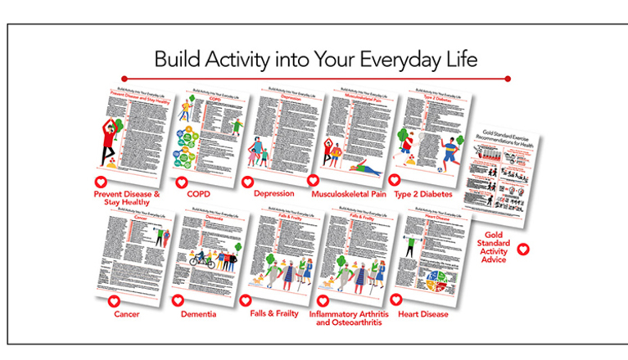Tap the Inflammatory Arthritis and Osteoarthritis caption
point(350,318)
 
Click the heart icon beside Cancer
point(113,300)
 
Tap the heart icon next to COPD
point(182,183)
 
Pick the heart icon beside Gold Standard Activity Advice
point(522,249)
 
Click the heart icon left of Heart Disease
point(395,299)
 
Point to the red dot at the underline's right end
point(508,79)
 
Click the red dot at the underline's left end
point(124,79)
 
